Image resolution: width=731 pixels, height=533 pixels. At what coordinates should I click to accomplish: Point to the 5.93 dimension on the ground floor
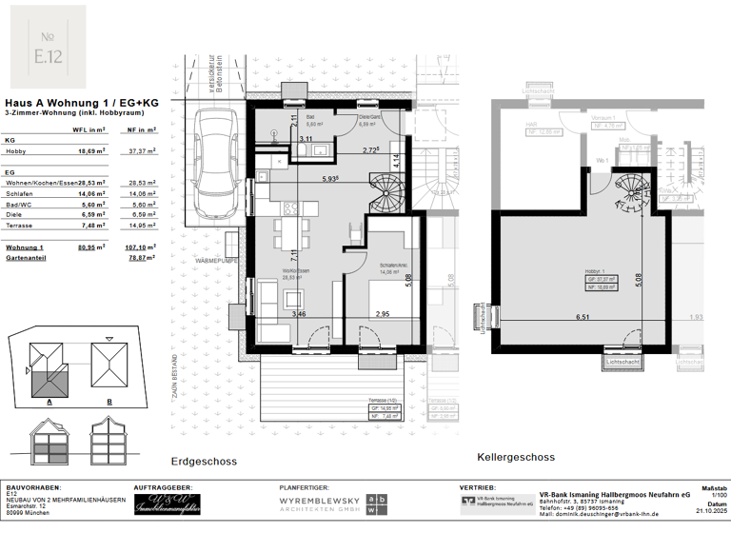pos(331,179)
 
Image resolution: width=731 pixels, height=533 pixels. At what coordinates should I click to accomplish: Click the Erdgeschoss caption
pos(204,462)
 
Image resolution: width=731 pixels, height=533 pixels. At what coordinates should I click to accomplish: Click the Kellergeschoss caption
pos(517,457)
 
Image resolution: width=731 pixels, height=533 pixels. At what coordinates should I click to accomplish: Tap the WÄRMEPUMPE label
pos(217,259)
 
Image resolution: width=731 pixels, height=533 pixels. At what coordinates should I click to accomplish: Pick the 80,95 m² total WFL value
pos(90,246)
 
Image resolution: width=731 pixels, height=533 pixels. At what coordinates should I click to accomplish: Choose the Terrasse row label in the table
pos(22,227)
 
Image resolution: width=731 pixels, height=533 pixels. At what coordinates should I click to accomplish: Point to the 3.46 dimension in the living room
pos(299,313)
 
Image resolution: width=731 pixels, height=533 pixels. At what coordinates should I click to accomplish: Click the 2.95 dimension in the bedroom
pos(383,313)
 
